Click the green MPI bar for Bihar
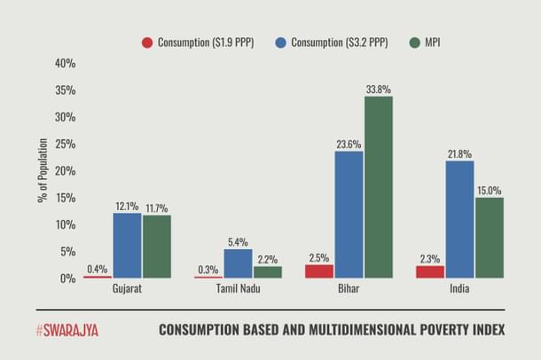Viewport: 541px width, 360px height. pyautogui.click(x=378, y=187)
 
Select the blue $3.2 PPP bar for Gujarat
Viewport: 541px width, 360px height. pyautogui.click(x=127, y=246)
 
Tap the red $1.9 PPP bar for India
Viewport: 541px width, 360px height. pyautogui.click(x=431, y=271)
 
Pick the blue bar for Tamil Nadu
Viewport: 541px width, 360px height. pyautogui.click(x=238, y=263)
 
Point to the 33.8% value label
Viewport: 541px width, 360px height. pyautogui.click(x=378, y=90)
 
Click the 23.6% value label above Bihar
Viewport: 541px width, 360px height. pyautogui.click(x=349, y=145)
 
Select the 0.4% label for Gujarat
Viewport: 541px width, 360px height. pyautogui.click(x=98, y=269)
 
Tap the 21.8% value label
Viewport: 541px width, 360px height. pyautogui.click(x=459, y=154)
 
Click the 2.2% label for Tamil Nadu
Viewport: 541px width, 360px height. pyautogui.click(x=266, y=260)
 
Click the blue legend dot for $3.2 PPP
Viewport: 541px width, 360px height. pyautogui.click(x=279, y=43)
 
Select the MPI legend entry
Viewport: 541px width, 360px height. pyautogui.click(x=430, y=43)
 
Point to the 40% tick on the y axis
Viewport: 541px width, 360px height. pyautogui.click(x=65, y=64)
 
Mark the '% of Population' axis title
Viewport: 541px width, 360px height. pyautogui.click(x=42, y=170)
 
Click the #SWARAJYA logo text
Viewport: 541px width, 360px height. pyautogui.click(x=67, y=330)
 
